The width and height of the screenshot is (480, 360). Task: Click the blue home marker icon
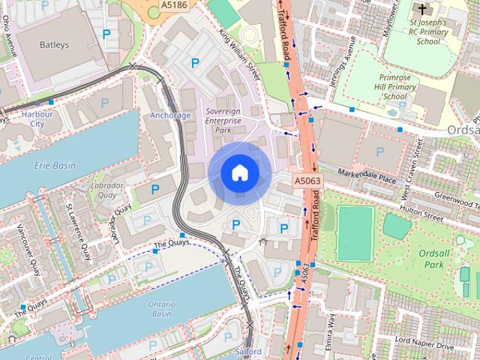pos(239,172)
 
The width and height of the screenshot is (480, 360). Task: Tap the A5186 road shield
pos(174,6)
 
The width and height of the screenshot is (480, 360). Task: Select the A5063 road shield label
pos(307,181)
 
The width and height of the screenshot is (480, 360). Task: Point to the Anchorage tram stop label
pos(170,115)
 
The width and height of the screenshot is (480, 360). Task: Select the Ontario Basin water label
pos(161,310)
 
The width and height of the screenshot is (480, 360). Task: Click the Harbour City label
pos(37,118)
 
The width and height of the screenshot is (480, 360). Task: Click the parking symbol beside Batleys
pos(106,34)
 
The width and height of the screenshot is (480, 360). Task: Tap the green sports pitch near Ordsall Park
pos(355,232)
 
